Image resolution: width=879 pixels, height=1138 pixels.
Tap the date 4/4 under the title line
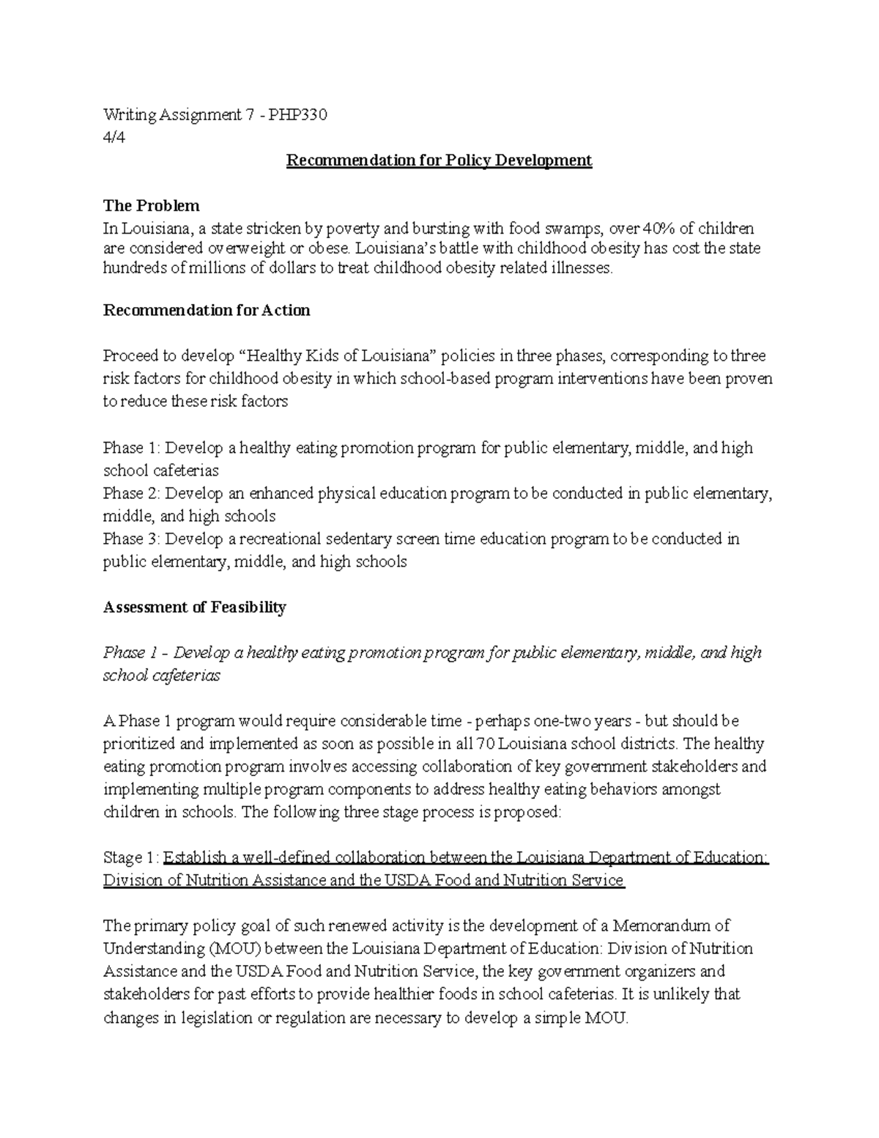[114, 138]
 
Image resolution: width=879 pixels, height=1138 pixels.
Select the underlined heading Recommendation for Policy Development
[439, 160]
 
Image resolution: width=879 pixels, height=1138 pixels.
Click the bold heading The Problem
[151, 205]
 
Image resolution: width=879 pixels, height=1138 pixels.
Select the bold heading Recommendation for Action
[207, 310]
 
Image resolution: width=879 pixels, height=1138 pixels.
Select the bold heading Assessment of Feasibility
[194, 607]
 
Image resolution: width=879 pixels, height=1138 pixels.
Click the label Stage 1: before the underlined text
[130, 857]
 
